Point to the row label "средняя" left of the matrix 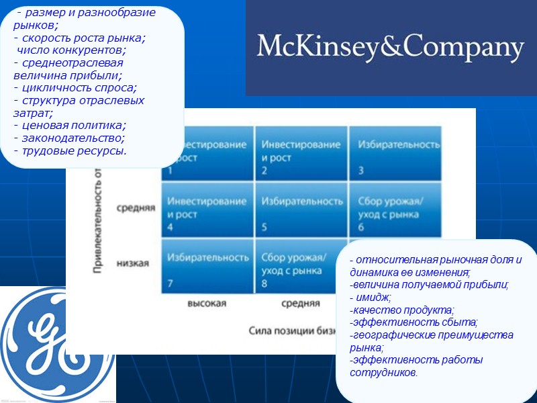[x=136, y=208]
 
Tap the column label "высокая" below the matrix [x=206, y=304]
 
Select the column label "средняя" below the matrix [x=300, y=304]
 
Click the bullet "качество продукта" [x=402, y=310]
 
